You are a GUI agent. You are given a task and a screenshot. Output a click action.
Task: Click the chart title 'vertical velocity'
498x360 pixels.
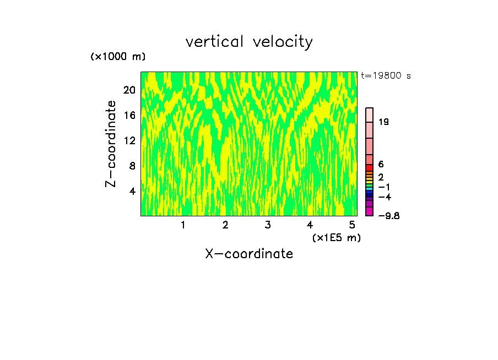pos(249,42)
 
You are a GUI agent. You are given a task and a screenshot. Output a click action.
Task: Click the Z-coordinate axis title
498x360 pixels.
pos(111,144)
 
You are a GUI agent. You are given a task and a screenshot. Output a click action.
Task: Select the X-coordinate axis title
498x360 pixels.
pos(249,254)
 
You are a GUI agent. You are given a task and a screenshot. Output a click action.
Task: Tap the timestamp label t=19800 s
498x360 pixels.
pos(386,76)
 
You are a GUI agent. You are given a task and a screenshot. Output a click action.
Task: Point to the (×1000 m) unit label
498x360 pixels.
pos(118,57)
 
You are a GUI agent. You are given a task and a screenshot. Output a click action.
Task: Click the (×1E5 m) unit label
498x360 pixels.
pos(336,237)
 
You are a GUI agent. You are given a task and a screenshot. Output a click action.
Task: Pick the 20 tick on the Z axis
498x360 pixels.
pos(129,90)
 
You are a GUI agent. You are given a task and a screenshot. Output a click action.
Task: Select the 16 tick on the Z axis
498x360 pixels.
pos(129,115)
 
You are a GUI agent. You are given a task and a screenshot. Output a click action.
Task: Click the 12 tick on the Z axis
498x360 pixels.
pos(129,140)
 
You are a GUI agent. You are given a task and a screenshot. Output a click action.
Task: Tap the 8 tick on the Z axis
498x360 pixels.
pos(132,166)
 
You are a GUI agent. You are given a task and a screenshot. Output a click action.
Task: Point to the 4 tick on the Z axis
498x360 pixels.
pos(132,191)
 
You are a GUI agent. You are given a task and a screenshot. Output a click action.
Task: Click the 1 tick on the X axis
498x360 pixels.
pos(183,225)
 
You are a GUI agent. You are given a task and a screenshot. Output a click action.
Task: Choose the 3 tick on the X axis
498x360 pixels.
pos(267,225)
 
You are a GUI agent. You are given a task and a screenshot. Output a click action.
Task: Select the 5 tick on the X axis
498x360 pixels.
pos(352,225)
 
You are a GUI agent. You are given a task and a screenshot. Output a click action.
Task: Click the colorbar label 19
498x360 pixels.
pos(384,122)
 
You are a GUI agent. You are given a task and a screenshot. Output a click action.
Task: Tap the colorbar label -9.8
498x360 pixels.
pos(388,215)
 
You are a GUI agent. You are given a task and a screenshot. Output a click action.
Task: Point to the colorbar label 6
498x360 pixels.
pos(381,165)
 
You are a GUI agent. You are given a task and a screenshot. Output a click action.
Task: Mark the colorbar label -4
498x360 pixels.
pos(385,197)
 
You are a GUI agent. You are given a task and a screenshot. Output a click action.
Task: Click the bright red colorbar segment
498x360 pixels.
pos(370,168)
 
